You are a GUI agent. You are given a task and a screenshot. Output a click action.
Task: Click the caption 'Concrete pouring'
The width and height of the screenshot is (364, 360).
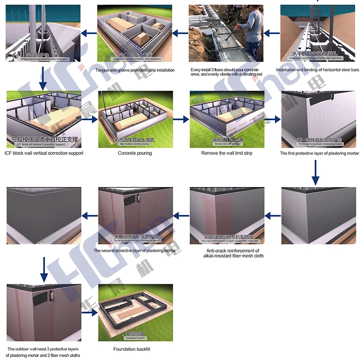pos(135,153)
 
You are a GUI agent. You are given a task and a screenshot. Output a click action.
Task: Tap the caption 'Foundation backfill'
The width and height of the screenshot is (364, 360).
pos(135,349)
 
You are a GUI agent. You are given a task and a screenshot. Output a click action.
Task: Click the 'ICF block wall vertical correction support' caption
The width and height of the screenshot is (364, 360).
pos(44,153)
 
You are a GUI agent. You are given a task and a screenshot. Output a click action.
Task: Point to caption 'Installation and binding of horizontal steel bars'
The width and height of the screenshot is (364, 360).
pos(317,70)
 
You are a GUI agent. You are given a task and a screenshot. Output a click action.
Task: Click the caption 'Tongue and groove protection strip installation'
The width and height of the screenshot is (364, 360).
pos(135,70)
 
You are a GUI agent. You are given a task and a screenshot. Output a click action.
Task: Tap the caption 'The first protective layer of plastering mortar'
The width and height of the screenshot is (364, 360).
pos(319,153)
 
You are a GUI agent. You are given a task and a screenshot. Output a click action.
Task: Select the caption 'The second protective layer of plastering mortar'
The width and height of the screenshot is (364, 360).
pos(135,251)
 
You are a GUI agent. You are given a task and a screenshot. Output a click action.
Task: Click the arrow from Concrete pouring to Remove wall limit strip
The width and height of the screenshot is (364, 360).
pos(181,119)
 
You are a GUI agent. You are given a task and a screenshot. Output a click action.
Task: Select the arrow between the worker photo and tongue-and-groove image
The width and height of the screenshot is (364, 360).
pos(181,33)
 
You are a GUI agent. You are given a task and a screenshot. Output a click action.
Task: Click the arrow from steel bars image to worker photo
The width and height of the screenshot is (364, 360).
pos(272,33)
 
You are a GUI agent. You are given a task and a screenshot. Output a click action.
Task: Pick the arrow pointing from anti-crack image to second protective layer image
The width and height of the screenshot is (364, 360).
pos(181,214)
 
